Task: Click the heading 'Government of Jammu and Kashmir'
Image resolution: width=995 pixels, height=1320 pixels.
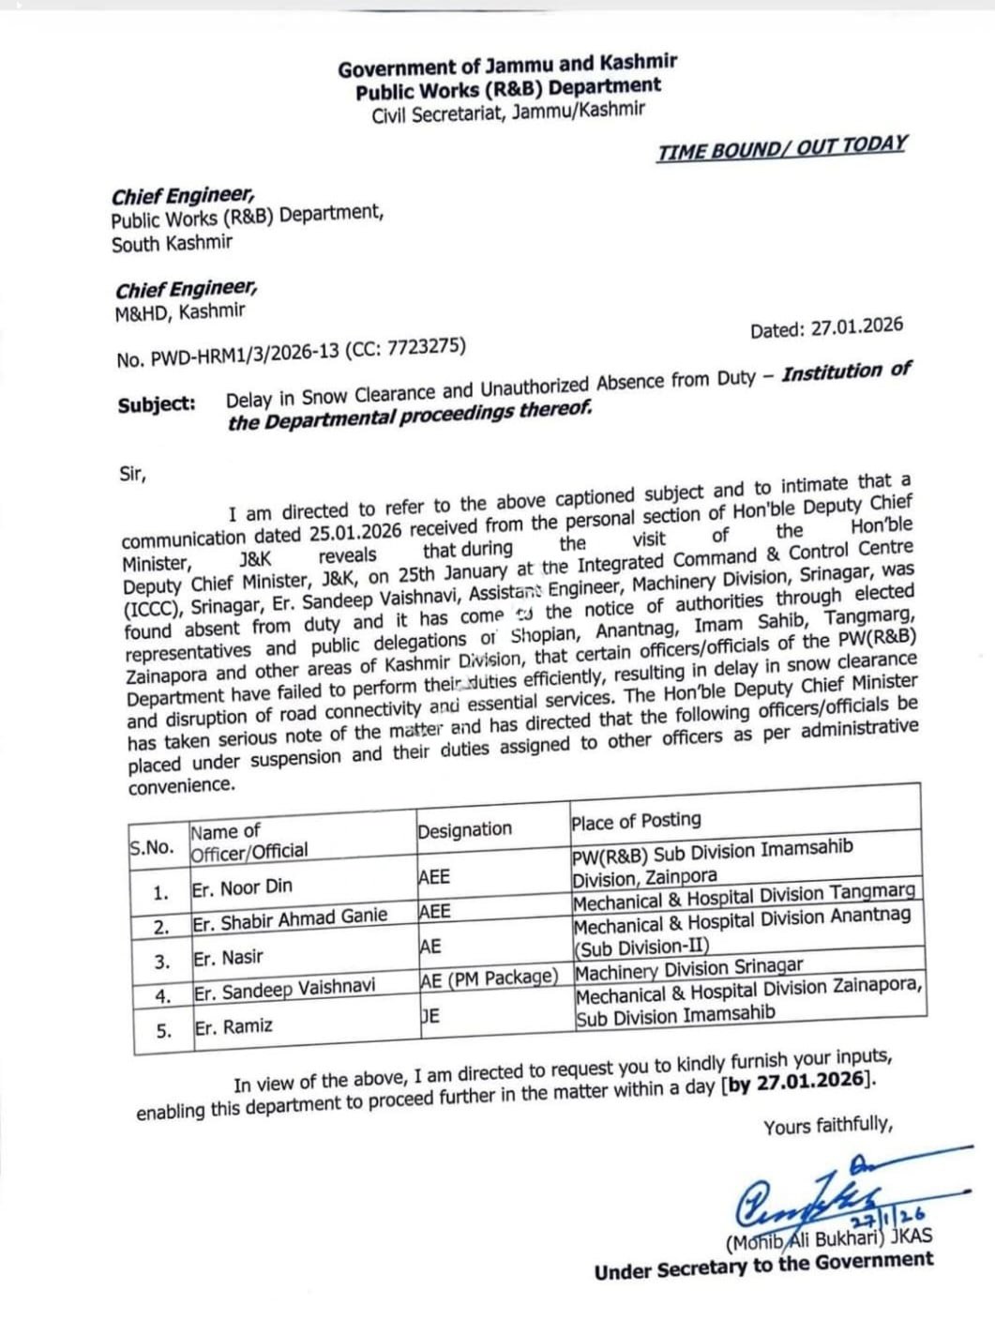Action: [x=507, y=66]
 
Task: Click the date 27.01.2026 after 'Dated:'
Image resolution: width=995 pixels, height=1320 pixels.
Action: [x=856, y=327]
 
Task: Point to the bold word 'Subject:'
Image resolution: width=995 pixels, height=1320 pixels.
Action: [x=157, y=404]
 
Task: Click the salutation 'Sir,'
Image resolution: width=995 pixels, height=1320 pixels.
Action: [x=132, y=474]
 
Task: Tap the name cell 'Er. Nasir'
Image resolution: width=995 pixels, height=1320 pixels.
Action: [x=228, y=958]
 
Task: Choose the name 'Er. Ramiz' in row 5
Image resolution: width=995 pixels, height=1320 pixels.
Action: [x=234, y=1026]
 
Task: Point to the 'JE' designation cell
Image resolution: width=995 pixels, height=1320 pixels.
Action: [x=430, y=1016]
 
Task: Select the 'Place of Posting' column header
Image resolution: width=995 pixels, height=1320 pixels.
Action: [x=636, y=821]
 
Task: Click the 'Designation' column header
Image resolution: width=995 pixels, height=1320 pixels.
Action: [x=464, y=830]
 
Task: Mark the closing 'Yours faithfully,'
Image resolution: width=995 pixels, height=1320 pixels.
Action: [x=828, y=1126]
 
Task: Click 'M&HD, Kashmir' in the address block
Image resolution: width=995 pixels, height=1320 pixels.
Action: [x=180, y=312]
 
